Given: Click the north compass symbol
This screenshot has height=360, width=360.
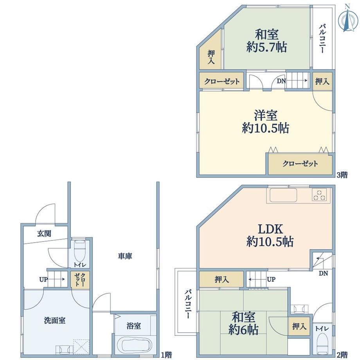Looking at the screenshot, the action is coord(348,18).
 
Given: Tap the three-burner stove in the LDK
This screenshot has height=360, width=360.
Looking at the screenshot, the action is coord(319,195).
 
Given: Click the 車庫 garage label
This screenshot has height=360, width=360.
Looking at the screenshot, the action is coord(125,256).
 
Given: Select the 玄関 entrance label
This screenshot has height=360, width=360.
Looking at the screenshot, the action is coord(44,234).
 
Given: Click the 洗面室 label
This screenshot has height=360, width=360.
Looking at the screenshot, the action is coord(55,320).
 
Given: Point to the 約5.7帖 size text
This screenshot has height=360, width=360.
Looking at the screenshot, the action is coord(266,47).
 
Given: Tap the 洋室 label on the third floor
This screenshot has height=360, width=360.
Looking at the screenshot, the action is coord(265,115).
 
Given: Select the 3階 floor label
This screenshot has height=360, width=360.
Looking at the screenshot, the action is coord(342,175).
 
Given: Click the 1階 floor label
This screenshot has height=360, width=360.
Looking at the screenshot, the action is coord(166,355).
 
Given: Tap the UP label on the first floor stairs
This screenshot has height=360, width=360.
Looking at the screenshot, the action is coord(43,280).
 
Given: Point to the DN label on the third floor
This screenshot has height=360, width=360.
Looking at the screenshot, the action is coord(281,81).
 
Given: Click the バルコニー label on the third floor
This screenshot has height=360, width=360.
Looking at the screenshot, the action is coord(322,39).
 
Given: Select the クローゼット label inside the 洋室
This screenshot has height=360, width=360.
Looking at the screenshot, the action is coord(300,164).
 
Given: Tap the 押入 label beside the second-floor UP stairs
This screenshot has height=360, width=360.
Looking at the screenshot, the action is coord(221,280).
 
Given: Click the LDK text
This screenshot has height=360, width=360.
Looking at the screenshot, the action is coord(270,229).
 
